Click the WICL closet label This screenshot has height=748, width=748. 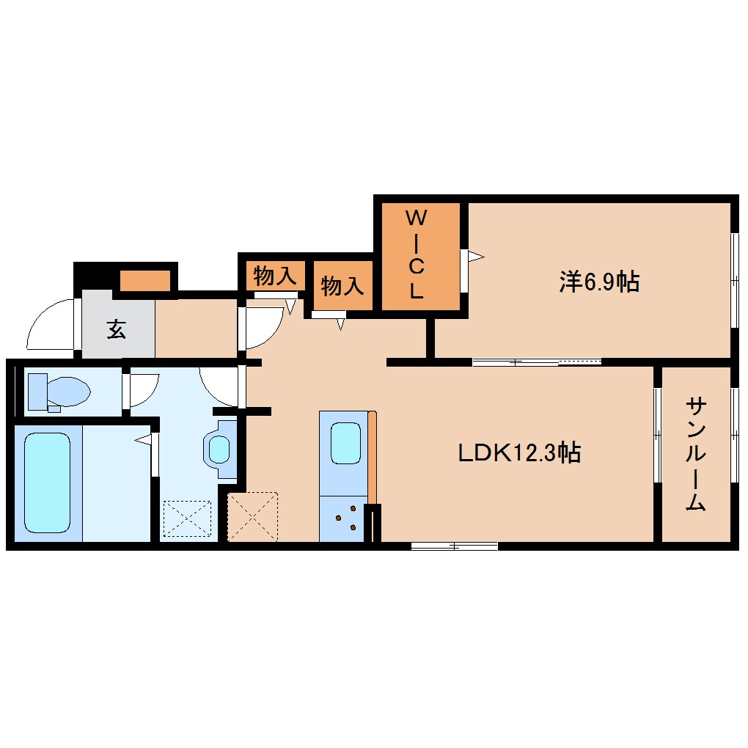coord(416,254)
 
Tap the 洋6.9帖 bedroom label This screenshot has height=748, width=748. coord(599,282)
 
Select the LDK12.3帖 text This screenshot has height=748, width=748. coord(519,452)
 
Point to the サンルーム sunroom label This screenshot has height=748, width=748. coord(695,455)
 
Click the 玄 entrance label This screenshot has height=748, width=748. coord(117,329)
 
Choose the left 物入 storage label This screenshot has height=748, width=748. coord(275,276)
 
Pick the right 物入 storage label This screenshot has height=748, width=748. coord(342,286)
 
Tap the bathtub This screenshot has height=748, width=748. coord(47,483)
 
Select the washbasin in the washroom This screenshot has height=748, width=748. coord(219,449)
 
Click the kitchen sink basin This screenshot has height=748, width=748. coord(345,443)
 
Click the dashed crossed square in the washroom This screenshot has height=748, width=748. coord(187,518)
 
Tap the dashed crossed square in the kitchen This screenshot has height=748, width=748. coord(252,517)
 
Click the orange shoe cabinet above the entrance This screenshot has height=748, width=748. coord(145,280)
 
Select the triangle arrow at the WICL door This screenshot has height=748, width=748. coord(476,257)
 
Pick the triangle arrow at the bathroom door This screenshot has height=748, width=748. coord(143,439)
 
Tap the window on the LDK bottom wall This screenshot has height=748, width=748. coord(454,546)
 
